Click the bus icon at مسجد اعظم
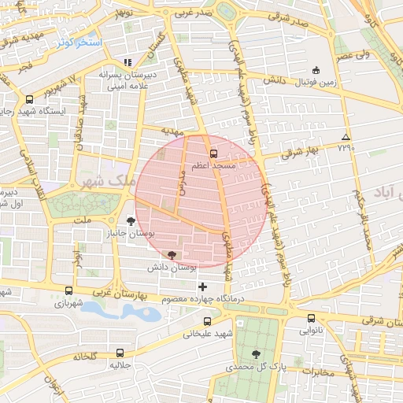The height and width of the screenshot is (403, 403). pyautogui.click(x=213, y=153)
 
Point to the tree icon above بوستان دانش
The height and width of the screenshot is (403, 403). pyautogui.click(x=172, y=254)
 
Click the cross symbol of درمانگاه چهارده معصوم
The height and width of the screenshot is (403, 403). pyautogui.click(x=203, y=286)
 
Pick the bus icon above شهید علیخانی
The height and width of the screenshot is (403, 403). pyautogui.click(x=207, y=321)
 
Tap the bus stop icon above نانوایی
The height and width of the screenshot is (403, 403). pyautogui.click(x=311, y=319)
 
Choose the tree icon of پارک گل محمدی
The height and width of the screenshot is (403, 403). pyautogui.click(x=255, y=354)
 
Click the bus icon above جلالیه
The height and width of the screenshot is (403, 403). pyautogui.click(x=120, y=353)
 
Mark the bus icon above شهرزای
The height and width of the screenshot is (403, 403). pyautogui.click(x=68, y=290)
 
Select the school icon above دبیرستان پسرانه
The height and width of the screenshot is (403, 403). pyautogui.click(x=128, y=62)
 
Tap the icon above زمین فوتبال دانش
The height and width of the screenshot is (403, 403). pyautogui.click(x=316, y=70)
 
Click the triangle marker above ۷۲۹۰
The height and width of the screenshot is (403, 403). pyautogui.click(x=345, y=137)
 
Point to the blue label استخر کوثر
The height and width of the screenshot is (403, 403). pyautogui.click(x=76, y=42)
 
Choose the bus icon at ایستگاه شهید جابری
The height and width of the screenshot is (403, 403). pyautogui.click(x=29, y=100)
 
